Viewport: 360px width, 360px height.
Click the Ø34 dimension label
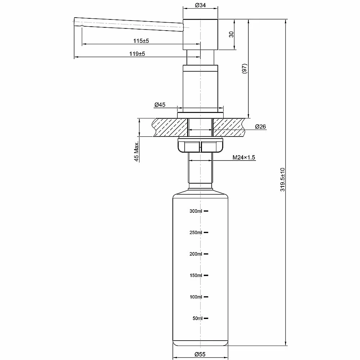(x=200, y=5)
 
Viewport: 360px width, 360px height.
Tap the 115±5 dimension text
(x=141, y=41)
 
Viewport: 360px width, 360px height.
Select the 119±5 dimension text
(x=137, y=54)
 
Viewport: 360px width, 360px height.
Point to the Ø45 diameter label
(x=160, y=105)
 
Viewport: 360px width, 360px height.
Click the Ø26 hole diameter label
(x=260, y=126)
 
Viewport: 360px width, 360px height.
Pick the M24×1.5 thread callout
(x=244, y=157)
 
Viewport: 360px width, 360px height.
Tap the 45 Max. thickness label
(x=136, y=152)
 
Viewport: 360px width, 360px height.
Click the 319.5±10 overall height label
(x=282, y=180)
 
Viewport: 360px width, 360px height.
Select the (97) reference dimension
(x=244, y=68)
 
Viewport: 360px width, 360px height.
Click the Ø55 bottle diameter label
(x=200, y=354)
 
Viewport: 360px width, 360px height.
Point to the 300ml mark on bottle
(x=195, y=211)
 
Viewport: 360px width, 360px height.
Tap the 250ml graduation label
(x=195, y=232)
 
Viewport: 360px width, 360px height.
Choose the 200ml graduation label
(x=195, y=254)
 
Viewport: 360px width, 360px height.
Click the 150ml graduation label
(x=196, y=275)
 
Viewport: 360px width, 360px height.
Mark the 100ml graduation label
(x=196, y=297)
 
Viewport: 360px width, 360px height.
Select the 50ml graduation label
(x=197, y=318)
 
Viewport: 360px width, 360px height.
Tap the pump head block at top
(x=200, y=35)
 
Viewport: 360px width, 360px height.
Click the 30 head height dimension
(x=231, y=35)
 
